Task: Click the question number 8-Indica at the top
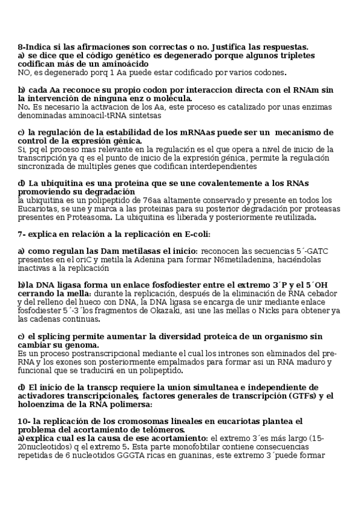coord(35,47)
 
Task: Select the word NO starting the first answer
coord(25,73)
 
